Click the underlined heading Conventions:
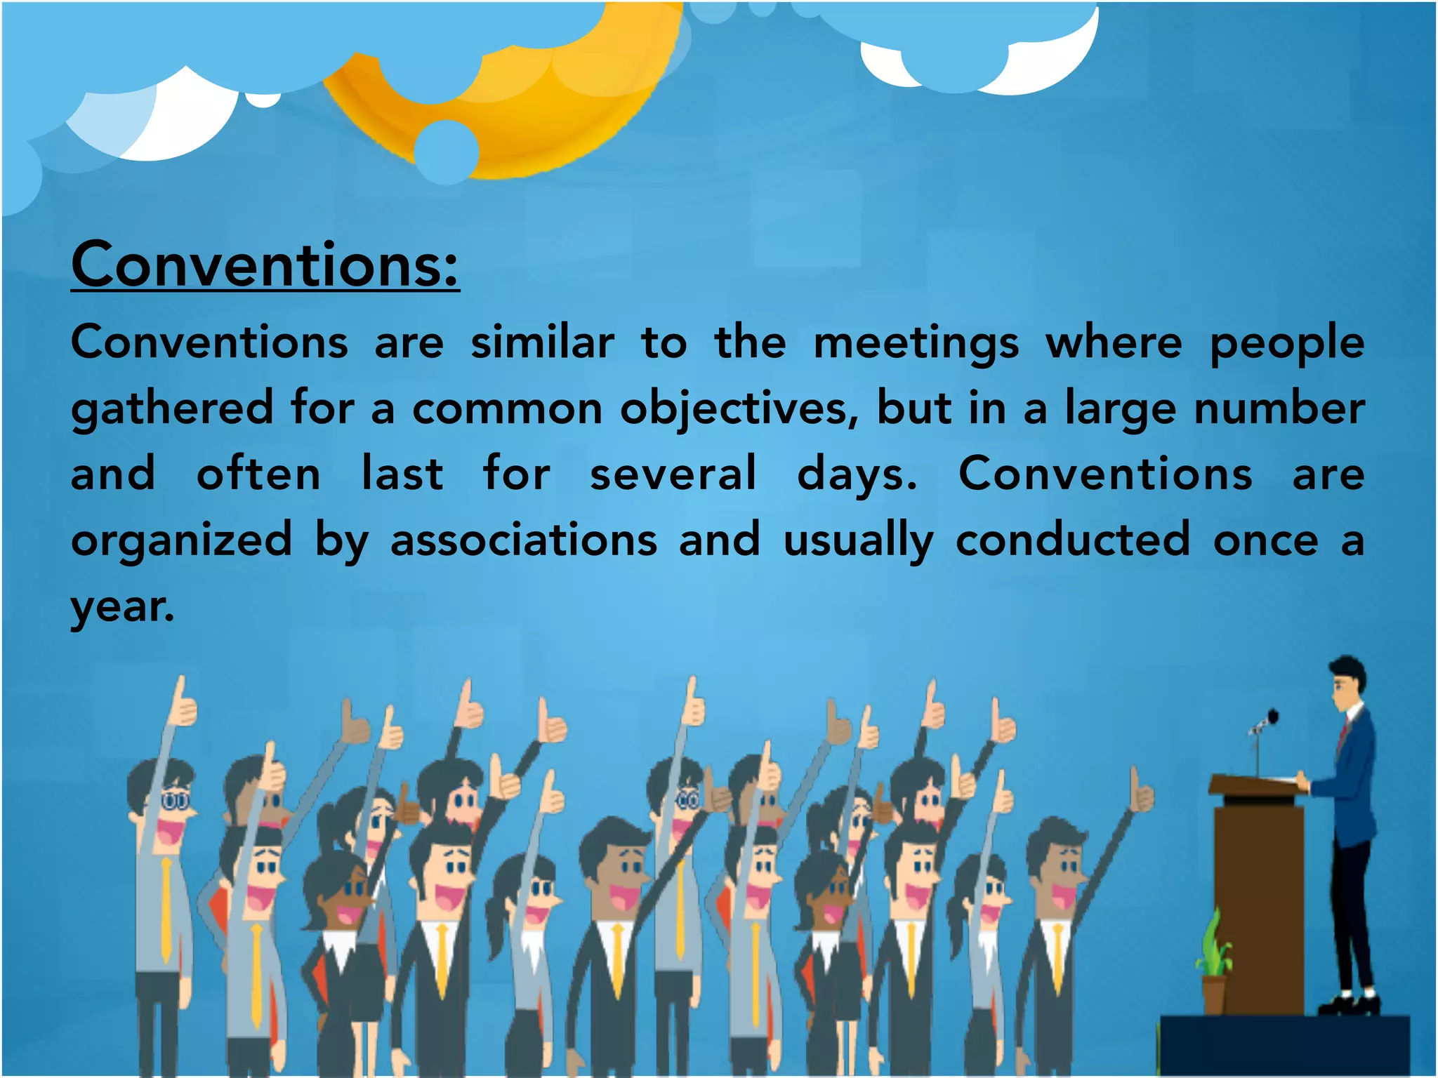(x=265, y=265)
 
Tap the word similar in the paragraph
(x=542, y=342)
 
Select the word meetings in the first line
(x=916, y=344)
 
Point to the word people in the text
(x=1287, y=344)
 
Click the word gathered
(x=172, y=409)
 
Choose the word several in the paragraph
(x=673, y=473)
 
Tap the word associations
(x=524, y=540)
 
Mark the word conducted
(x=1073, y=540)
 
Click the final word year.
(x=122, y=607)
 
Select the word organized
(x=181, y=540)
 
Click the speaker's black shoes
(x=1348, y=1004)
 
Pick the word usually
(x=858, y=541)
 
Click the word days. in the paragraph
(x=857, y=474)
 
